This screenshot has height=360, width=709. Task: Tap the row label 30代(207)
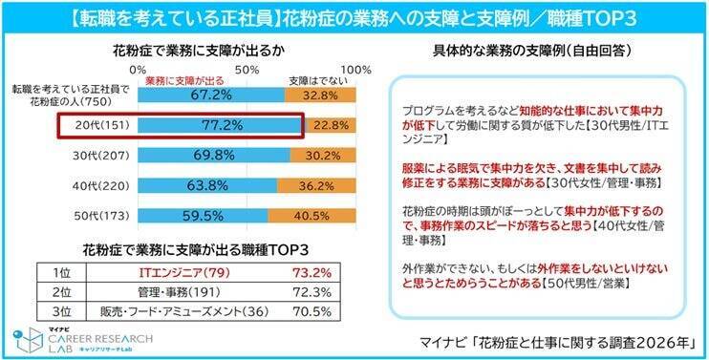pyautogui.click(x=98, y=155)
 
